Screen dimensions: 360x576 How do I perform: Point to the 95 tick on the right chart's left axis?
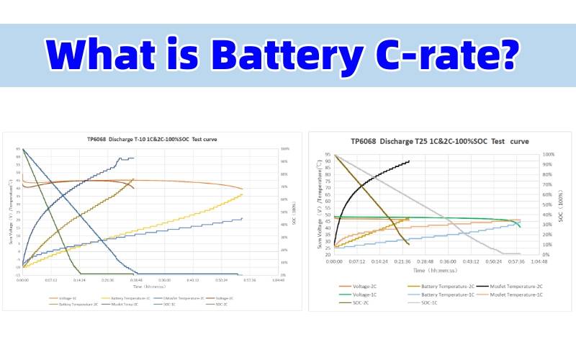tap(327, 155)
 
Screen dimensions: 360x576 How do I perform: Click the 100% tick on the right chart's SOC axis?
tap(548, 155)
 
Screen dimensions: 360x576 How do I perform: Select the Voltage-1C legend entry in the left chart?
tap(64, 297)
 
